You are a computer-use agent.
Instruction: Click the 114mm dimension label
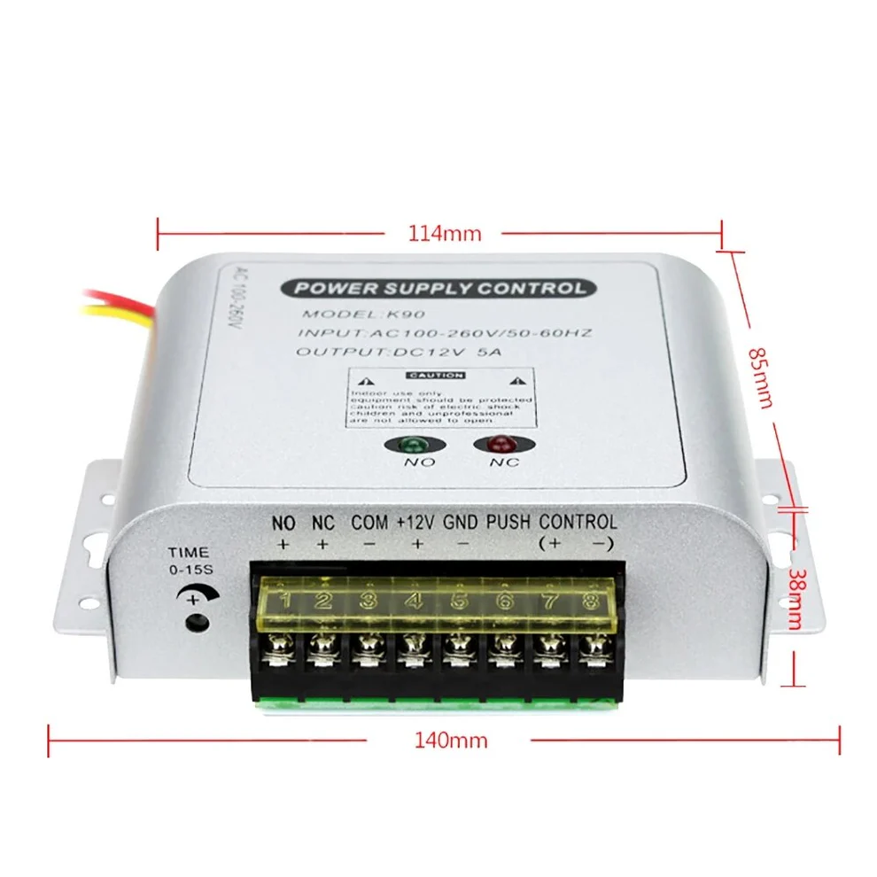click(444, 234)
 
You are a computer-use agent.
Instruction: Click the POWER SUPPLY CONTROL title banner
click(438, 288)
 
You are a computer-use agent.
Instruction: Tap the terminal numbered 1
click(284, 601)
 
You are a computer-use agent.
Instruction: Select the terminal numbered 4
click(413, 601)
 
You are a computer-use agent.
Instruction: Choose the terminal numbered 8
click(590, 601)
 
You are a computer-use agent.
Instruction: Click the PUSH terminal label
click(508, 523)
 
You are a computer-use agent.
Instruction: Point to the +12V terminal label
click(416, 523)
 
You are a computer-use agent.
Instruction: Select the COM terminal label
click(369, 523)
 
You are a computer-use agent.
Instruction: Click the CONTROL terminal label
click(578, 523)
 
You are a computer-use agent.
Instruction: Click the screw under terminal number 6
click(503, 658)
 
